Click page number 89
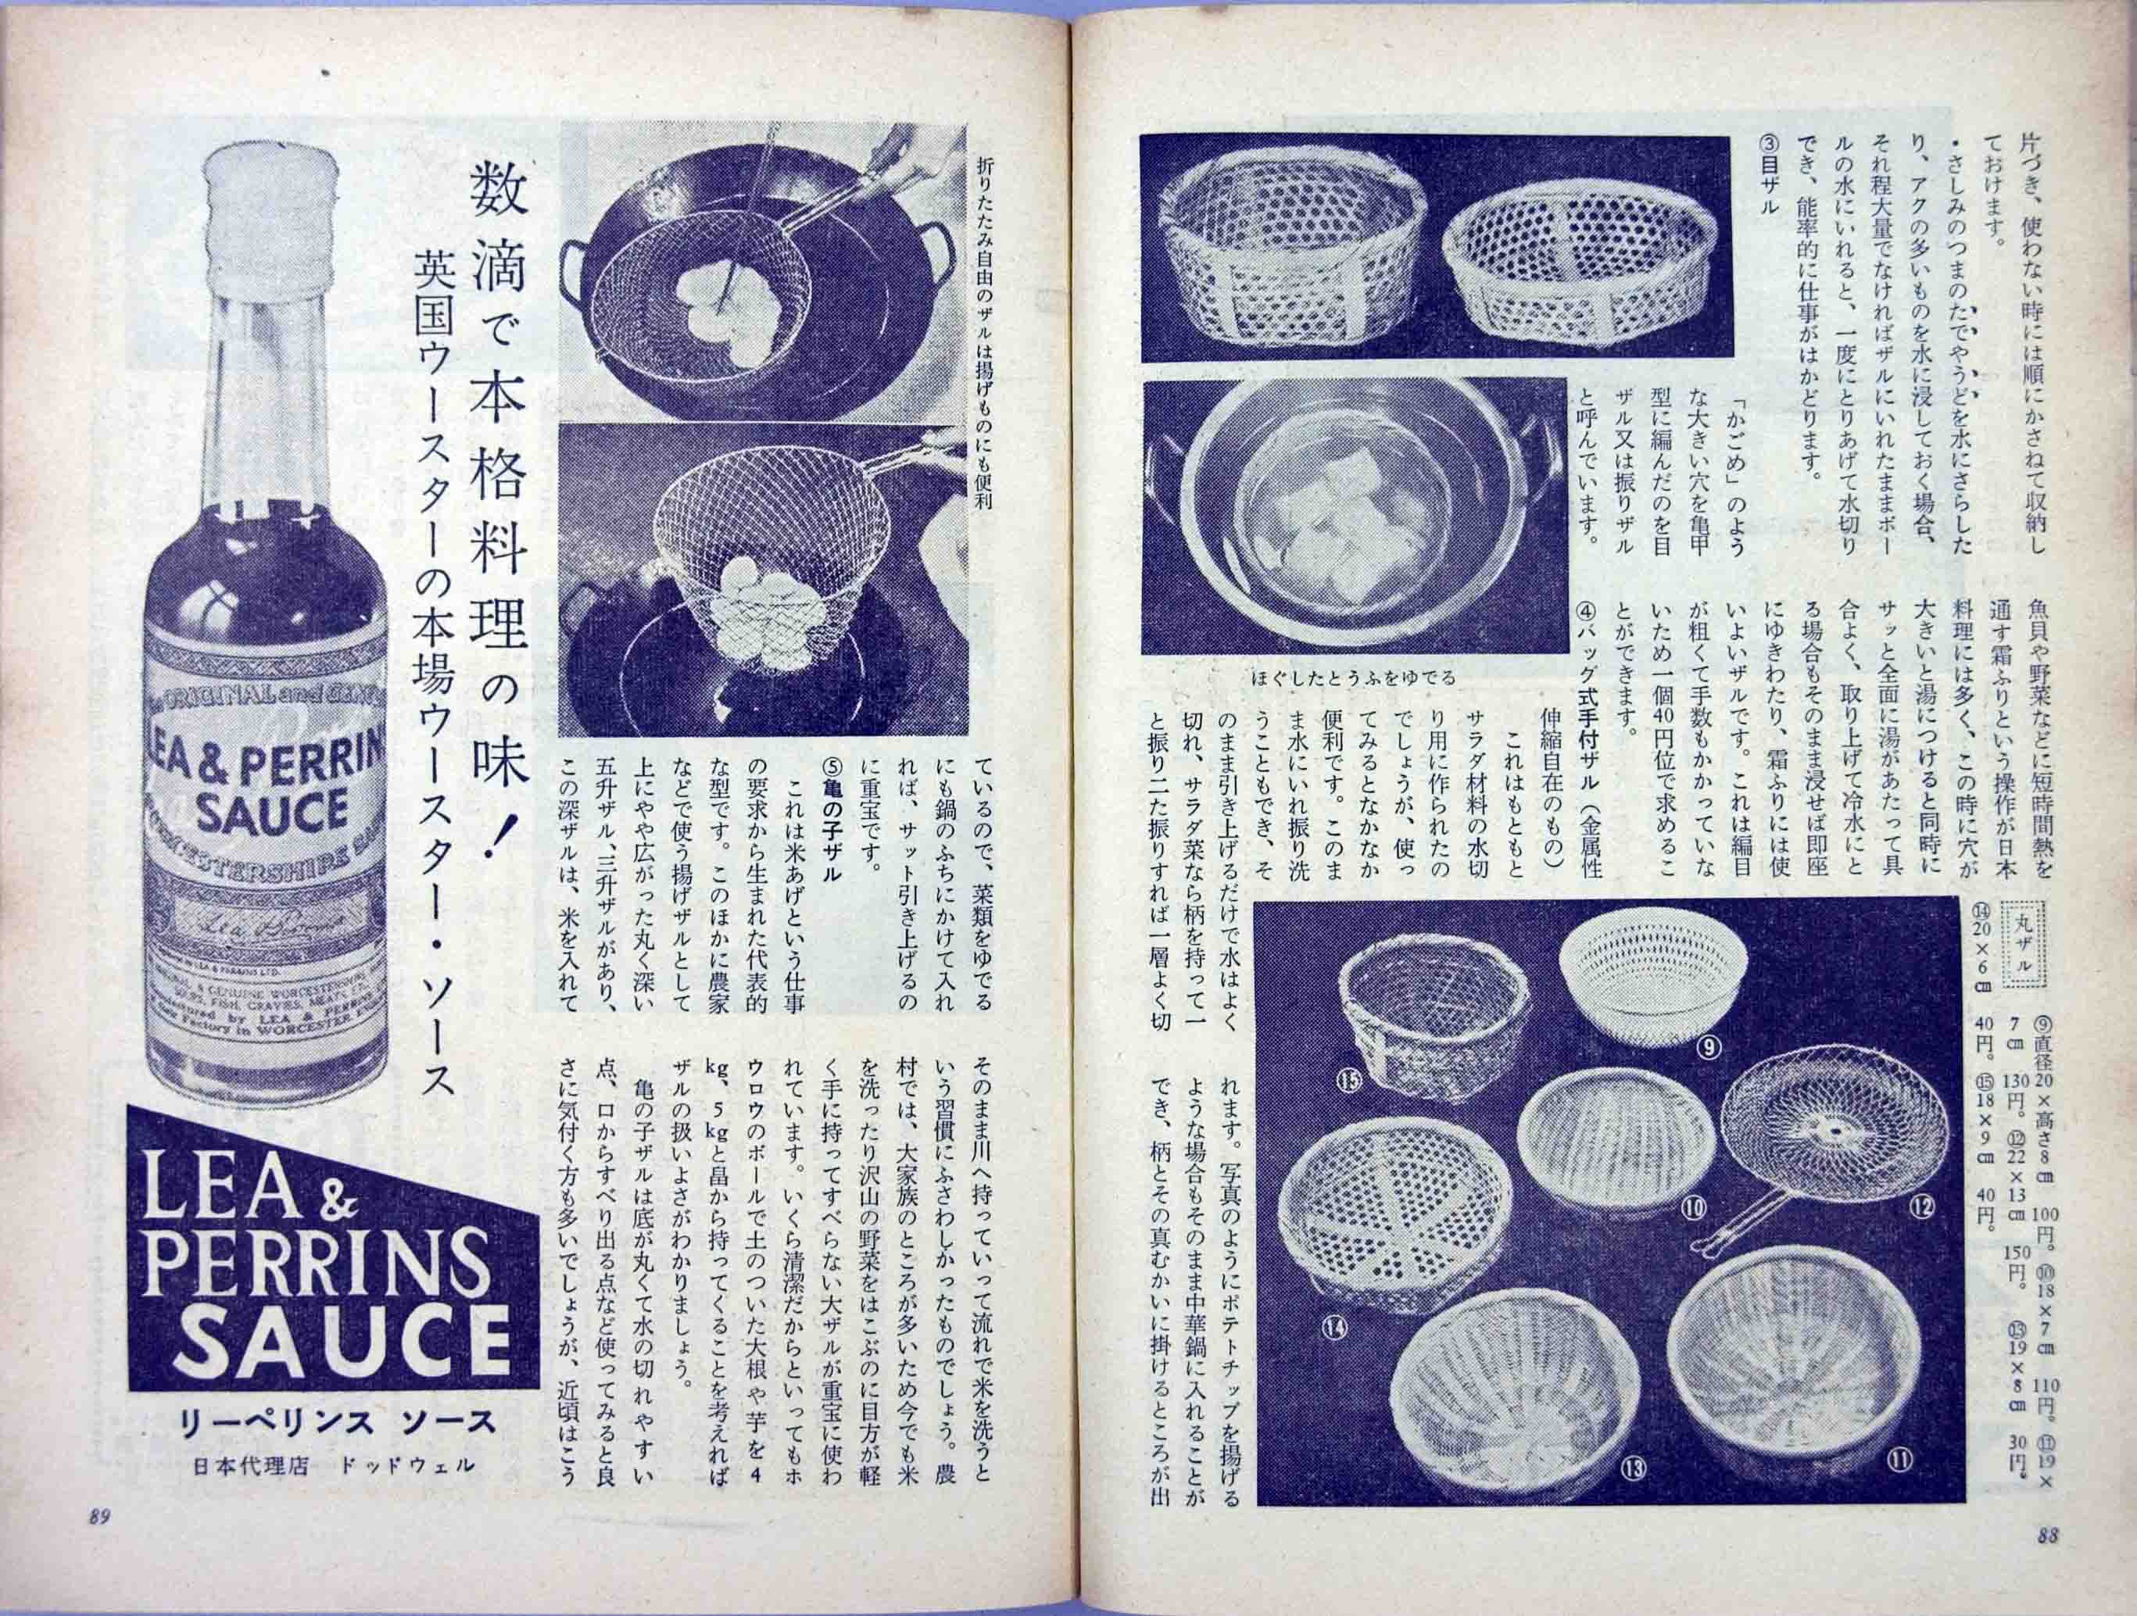[x=97, y=1571]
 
